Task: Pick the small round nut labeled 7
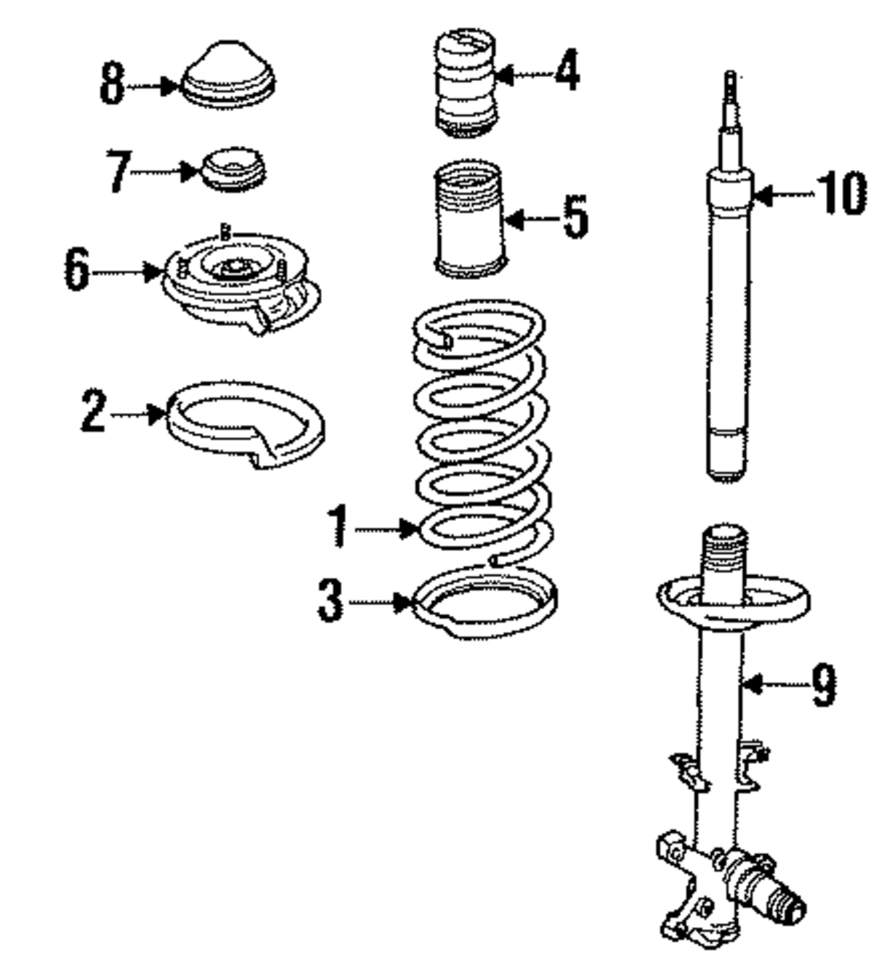tap(234, 169)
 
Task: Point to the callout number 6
tap(76, 268)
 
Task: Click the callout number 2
tap(93, 414)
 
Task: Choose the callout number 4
tap(566, 73)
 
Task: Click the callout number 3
tap(331, 603)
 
